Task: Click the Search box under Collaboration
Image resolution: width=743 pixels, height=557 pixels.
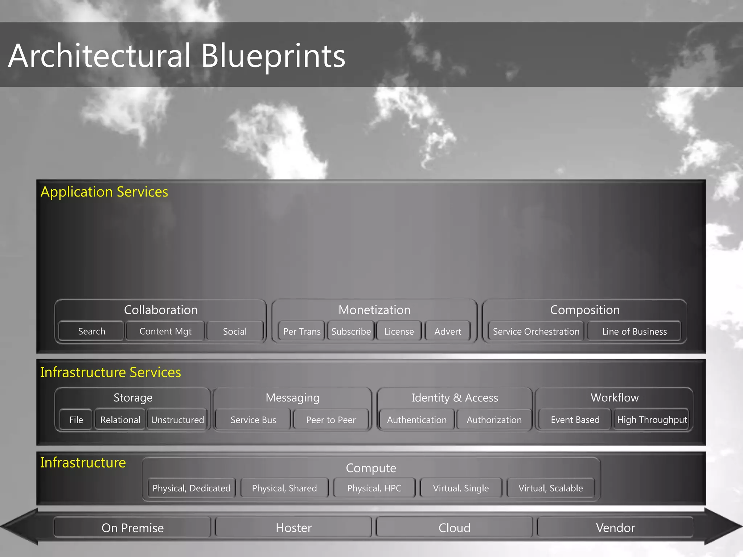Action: click(91, 331)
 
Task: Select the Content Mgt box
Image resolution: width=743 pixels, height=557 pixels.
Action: click(165, 331)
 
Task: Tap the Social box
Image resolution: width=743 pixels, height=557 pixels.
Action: click(235, 331)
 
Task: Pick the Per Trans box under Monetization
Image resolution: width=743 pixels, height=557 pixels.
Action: click(302, 331)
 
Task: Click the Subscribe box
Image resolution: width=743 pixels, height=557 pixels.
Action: click(351, 331)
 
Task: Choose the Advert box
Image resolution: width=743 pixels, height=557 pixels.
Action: click(448, 331)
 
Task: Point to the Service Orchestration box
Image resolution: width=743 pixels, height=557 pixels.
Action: click(536, 331)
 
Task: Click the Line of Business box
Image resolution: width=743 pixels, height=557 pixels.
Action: click(634, 331)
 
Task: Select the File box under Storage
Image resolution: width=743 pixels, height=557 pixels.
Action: click(76, 420)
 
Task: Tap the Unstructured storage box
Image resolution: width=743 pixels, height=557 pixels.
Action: click(177, 420)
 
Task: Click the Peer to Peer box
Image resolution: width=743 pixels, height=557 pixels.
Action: click(331, 420)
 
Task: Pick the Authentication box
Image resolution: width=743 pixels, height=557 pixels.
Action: click(416, 420)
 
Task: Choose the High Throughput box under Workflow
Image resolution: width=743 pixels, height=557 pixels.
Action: click(652, 420)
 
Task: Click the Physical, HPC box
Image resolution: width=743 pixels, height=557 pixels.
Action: click(374, 488)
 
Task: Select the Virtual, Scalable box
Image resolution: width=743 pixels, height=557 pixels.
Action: click(550, 488)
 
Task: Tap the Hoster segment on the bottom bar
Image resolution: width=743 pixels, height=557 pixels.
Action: click(293, 528)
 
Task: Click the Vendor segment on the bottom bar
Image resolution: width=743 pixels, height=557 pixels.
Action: click(615, 528)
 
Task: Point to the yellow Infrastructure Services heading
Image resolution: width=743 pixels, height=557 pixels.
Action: click(110, 372)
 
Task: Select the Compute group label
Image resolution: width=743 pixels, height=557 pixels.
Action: click(371, 468)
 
